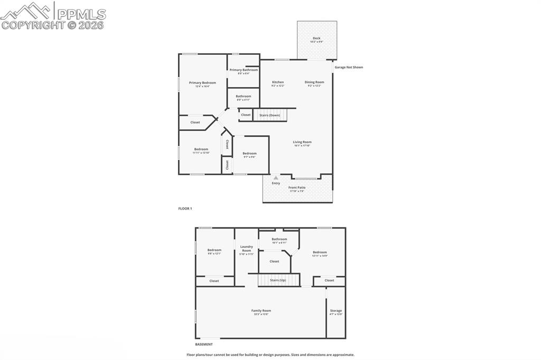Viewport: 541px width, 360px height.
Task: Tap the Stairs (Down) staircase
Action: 270,115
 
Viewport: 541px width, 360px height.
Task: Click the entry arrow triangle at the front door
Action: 276,178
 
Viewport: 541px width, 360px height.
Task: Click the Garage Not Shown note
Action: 349,67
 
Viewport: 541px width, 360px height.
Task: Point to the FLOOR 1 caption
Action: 185,209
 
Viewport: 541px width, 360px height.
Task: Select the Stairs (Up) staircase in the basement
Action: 278,280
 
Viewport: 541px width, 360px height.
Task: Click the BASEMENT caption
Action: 204,344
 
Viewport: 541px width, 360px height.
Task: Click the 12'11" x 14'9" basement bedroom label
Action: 320,253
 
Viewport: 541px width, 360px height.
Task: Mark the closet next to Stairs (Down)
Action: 246,115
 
